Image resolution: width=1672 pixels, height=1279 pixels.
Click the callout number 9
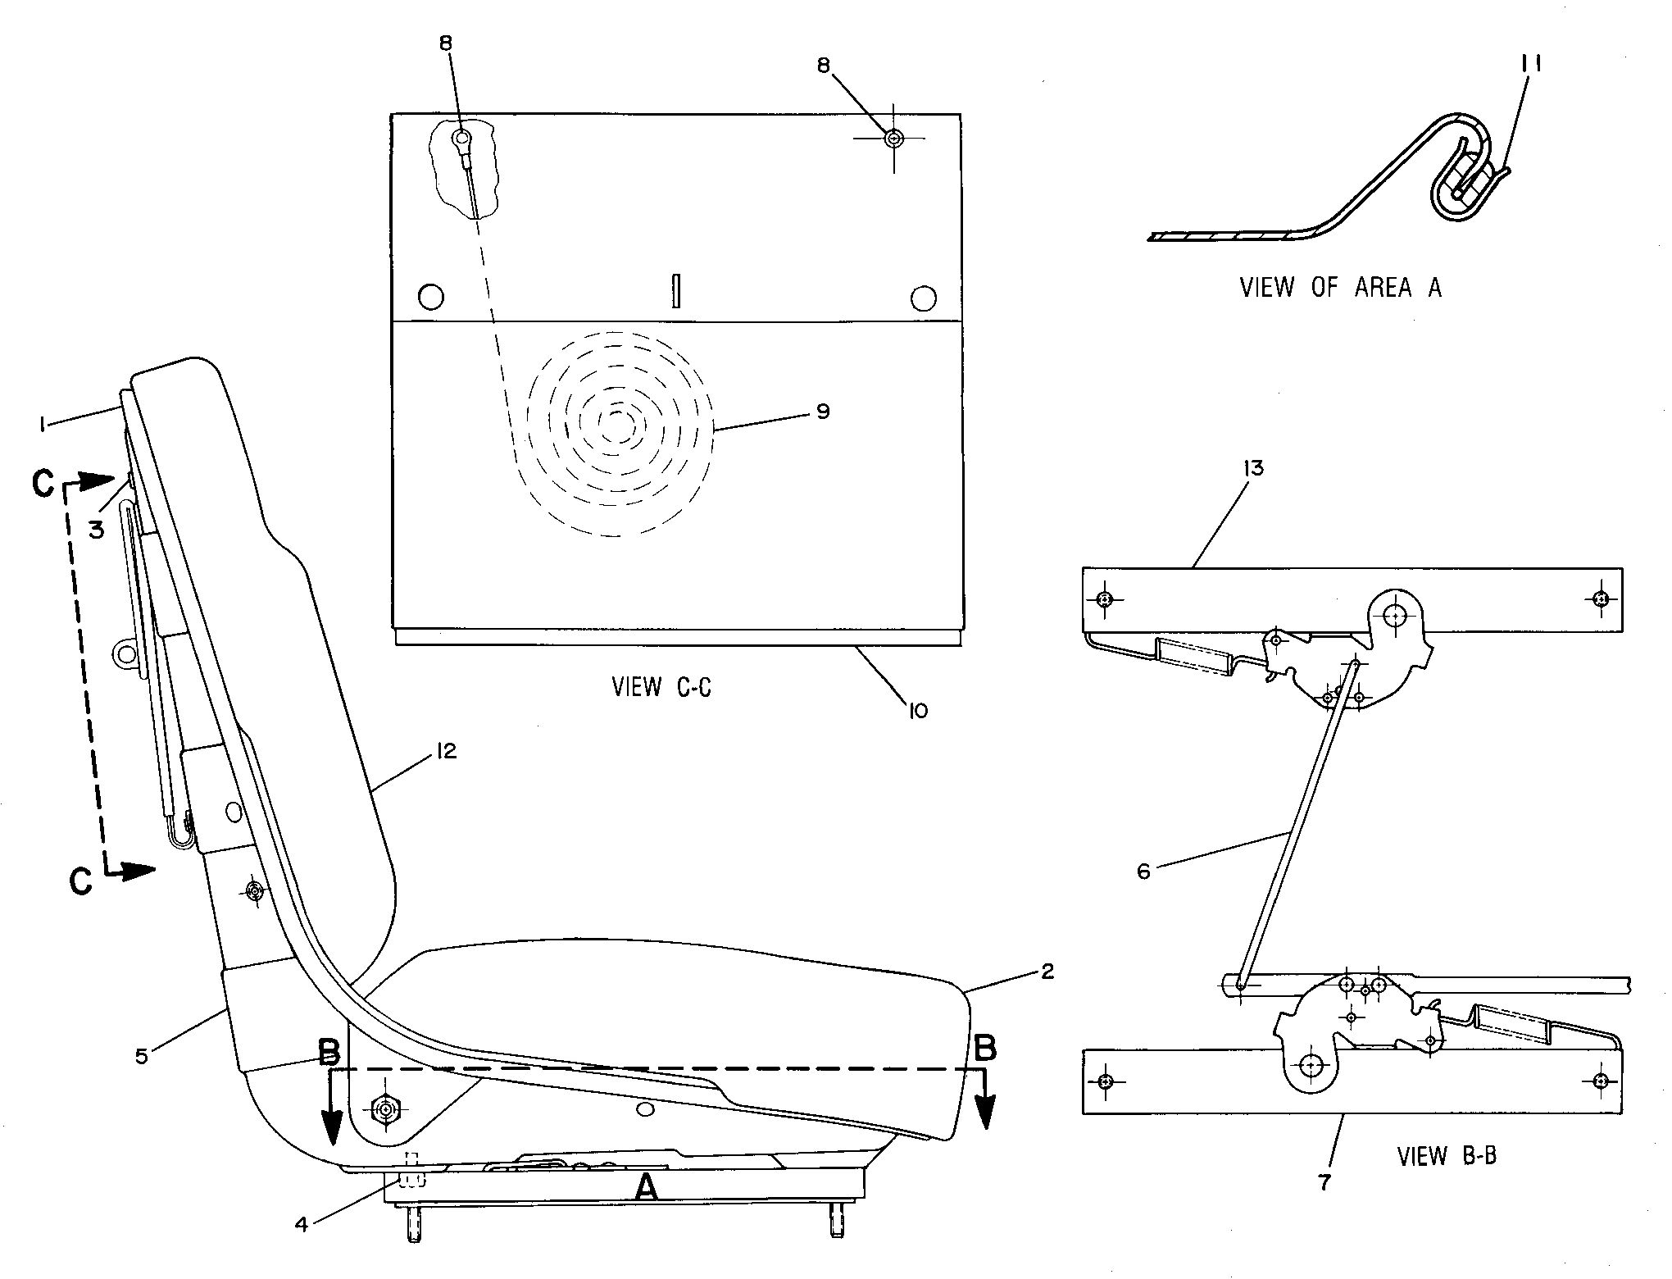click(823, 411)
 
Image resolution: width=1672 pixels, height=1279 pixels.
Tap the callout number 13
click(1253, 468)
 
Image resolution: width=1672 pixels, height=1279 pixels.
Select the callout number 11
click(1530, 63)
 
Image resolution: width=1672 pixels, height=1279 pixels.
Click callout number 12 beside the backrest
click(446, 751)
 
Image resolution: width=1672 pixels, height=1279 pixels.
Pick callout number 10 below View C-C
click(918, 710)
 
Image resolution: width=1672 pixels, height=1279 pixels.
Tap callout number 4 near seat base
click(302, 1224)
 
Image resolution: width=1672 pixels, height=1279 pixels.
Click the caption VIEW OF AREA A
click(1340, 287)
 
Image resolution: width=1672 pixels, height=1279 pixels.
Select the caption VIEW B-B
click(1447, 1156)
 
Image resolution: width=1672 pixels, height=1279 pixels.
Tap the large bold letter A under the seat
click(647, 1186)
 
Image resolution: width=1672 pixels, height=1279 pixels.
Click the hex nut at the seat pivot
click(384, 1110)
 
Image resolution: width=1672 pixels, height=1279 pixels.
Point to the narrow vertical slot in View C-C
click(676, 291)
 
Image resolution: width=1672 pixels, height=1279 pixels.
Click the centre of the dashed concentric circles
click(619, 423)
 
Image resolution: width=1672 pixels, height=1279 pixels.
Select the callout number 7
click(1325, 1182)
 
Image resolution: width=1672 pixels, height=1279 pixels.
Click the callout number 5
click(142, 1056)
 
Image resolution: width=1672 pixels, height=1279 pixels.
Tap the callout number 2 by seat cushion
click(1047, 972)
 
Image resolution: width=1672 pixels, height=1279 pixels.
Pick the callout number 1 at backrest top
click(39, 423)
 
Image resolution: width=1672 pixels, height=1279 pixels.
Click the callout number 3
click(97, 530)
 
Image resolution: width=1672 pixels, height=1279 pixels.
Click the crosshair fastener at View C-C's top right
click(893, 139)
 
